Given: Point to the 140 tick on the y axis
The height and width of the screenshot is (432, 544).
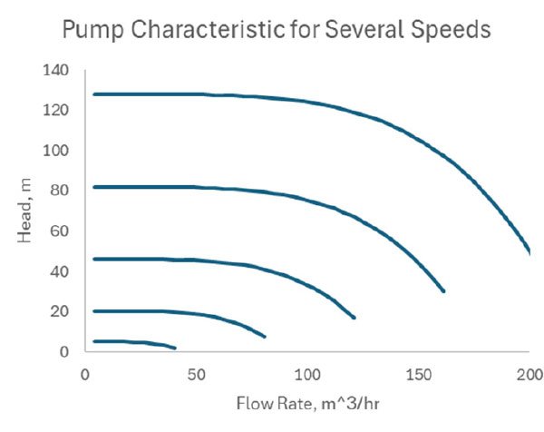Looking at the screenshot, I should click(56, 70).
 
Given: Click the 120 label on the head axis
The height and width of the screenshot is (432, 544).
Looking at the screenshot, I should click(56, 110).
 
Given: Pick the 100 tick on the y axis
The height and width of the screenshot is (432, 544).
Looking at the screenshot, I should click(56, 150).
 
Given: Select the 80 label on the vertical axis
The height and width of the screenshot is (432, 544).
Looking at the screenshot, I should click(60, 191).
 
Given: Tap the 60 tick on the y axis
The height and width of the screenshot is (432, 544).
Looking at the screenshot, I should click(60, 231).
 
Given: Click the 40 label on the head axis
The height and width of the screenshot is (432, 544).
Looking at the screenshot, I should click(60, 271).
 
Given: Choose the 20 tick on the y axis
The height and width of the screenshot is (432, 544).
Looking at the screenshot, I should click(60, 311).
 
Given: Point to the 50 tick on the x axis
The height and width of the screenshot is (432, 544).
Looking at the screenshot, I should click(196, 374).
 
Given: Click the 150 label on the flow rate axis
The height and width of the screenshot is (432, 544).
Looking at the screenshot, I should click(418, 374).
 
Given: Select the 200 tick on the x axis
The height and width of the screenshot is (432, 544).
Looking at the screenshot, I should click(529, 374).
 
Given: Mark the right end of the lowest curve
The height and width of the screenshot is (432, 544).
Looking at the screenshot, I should click(174, 348).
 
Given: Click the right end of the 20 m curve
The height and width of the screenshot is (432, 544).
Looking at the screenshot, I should click(264, 337).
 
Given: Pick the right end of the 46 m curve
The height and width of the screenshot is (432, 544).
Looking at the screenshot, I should click(354, 318).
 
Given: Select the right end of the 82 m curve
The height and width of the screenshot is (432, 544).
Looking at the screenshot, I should click(443, 291).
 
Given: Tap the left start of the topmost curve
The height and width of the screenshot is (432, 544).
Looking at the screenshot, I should click(94, 94).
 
